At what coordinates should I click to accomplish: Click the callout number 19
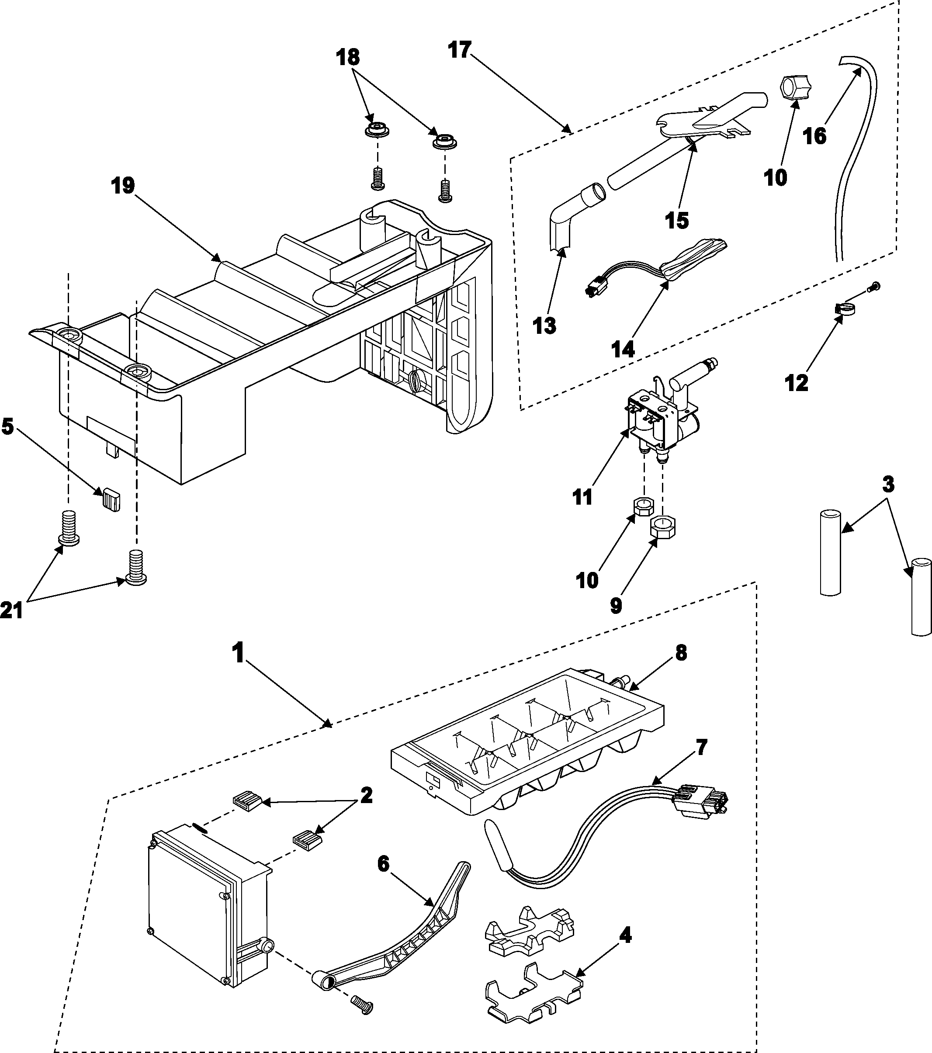pos(123,186)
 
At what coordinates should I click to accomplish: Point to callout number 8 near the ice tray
pos(681,653)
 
